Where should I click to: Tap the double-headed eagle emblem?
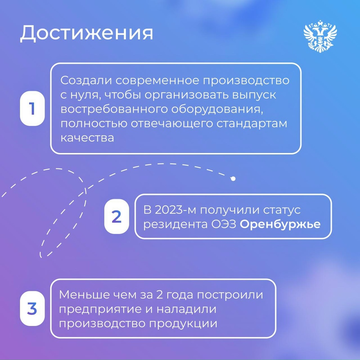point(320,36)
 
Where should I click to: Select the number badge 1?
point(32,108)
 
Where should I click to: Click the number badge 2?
point(116,216)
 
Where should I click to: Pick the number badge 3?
point(32,308)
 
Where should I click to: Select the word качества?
point(87,138)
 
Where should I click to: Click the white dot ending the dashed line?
point(233,179)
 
